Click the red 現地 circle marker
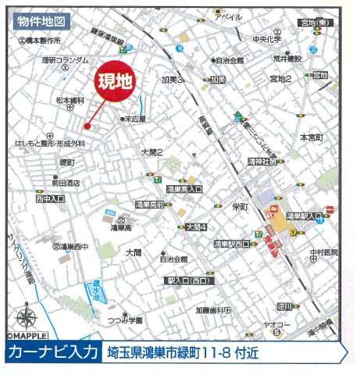(x=115, y=80)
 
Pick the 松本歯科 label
(x=69, y=100)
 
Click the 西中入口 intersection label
(x=50, y=200)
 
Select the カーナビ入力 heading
(x=52, y=353)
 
